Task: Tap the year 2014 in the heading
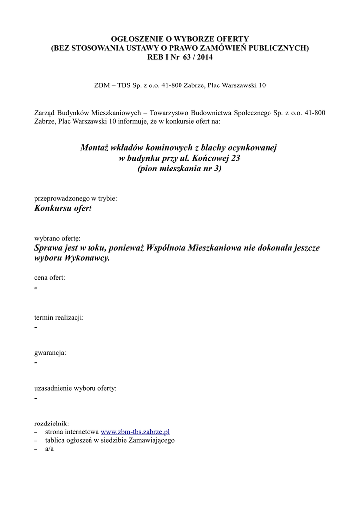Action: [208, 57]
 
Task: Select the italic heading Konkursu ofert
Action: [63, 208]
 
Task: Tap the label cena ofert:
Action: [50, 278]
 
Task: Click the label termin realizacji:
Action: [59, 317]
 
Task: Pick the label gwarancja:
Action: [50, 353]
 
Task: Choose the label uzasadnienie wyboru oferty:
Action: [76, 388]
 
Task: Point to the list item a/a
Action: [49, 449]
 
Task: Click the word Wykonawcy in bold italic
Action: [87, 259]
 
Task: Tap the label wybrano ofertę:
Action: [57, 238]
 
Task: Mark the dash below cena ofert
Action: [36, 289]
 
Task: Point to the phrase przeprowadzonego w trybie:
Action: [76, 198]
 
